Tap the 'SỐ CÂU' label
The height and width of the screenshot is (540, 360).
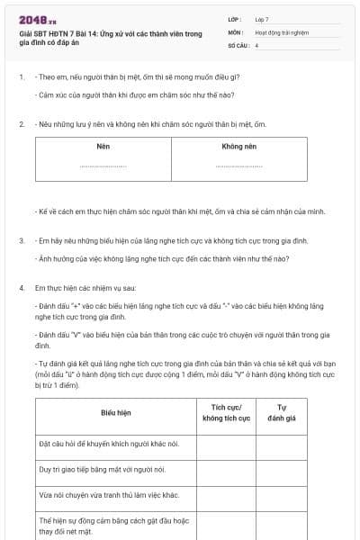point(238,44)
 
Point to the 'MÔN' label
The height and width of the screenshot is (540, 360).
point(235,31)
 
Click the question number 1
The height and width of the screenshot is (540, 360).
point(21,76)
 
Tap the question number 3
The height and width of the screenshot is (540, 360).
point(21,241)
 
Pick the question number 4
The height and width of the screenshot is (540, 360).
point(21,288)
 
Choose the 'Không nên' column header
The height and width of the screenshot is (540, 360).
point(238,145)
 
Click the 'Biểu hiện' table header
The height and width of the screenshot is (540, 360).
point(116,412)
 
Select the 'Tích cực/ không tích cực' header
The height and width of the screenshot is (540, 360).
point(226,412)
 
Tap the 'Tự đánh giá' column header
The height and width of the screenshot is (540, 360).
point(282,412)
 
